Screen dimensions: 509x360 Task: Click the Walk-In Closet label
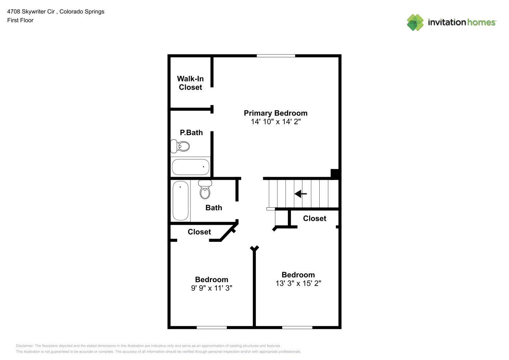[x=190, y=83]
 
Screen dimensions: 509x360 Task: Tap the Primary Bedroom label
[x=275, y=113]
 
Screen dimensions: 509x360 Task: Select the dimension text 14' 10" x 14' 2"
[x=276, y=122]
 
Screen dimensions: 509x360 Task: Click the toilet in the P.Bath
[x=180, y=146]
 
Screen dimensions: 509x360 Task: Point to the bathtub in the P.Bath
[x=191, y=167]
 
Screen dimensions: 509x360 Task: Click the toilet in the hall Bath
[x=205, y=189]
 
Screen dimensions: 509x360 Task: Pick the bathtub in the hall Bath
[x=180, y=201]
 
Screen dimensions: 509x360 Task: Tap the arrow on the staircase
[x=301, y=194]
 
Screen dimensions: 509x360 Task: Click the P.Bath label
[x=192, y=132]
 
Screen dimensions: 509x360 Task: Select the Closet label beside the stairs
[x=315, y=219]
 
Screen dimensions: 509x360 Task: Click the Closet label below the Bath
[x=199, y=232]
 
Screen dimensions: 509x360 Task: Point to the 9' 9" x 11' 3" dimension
[x=212, y=288]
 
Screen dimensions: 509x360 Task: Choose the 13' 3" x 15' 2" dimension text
[x=298, y=283]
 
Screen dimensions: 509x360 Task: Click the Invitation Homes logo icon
[x=415, y=22]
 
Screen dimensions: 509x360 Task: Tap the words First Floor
[x=20, y=20]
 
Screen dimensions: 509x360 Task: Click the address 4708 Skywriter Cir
[x=31, y=12]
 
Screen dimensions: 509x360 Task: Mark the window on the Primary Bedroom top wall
[x=276, y=56]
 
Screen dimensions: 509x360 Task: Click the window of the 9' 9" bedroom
[x=212, y=328]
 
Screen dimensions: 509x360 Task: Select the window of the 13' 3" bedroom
[x=297, y=328]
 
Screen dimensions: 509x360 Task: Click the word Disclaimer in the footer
[x=25, y=346]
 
